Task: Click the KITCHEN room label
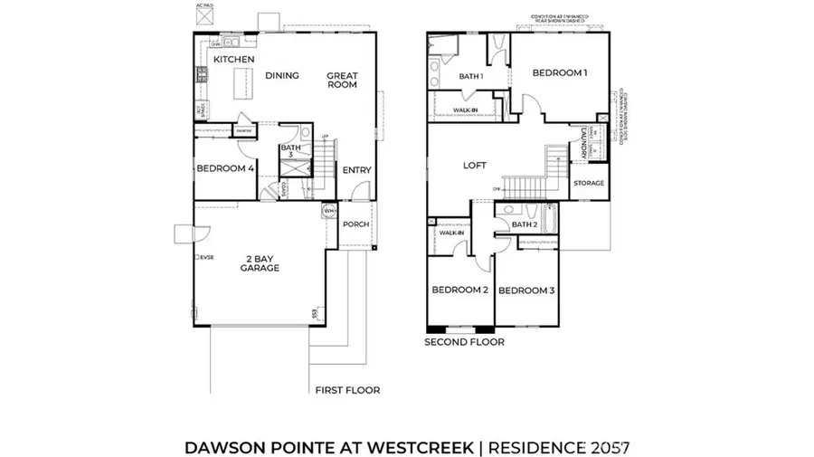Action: (233, 60)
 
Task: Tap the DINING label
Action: (282, 76)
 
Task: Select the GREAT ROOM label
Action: (342, 80)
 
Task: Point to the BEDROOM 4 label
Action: (225, 167)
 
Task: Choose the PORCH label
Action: (356, 224)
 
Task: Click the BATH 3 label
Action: (290, 151)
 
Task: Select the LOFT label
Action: (475, 166)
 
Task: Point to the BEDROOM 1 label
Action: (560, 72)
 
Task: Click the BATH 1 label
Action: (471, 77)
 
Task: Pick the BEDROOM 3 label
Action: (525, 290)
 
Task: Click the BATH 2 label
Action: (525, 224)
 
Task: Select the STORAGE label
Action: (589, 184)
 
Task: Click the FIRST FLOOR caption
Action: (347, 390)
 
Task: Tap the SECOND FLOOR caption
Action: (465, 343)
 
